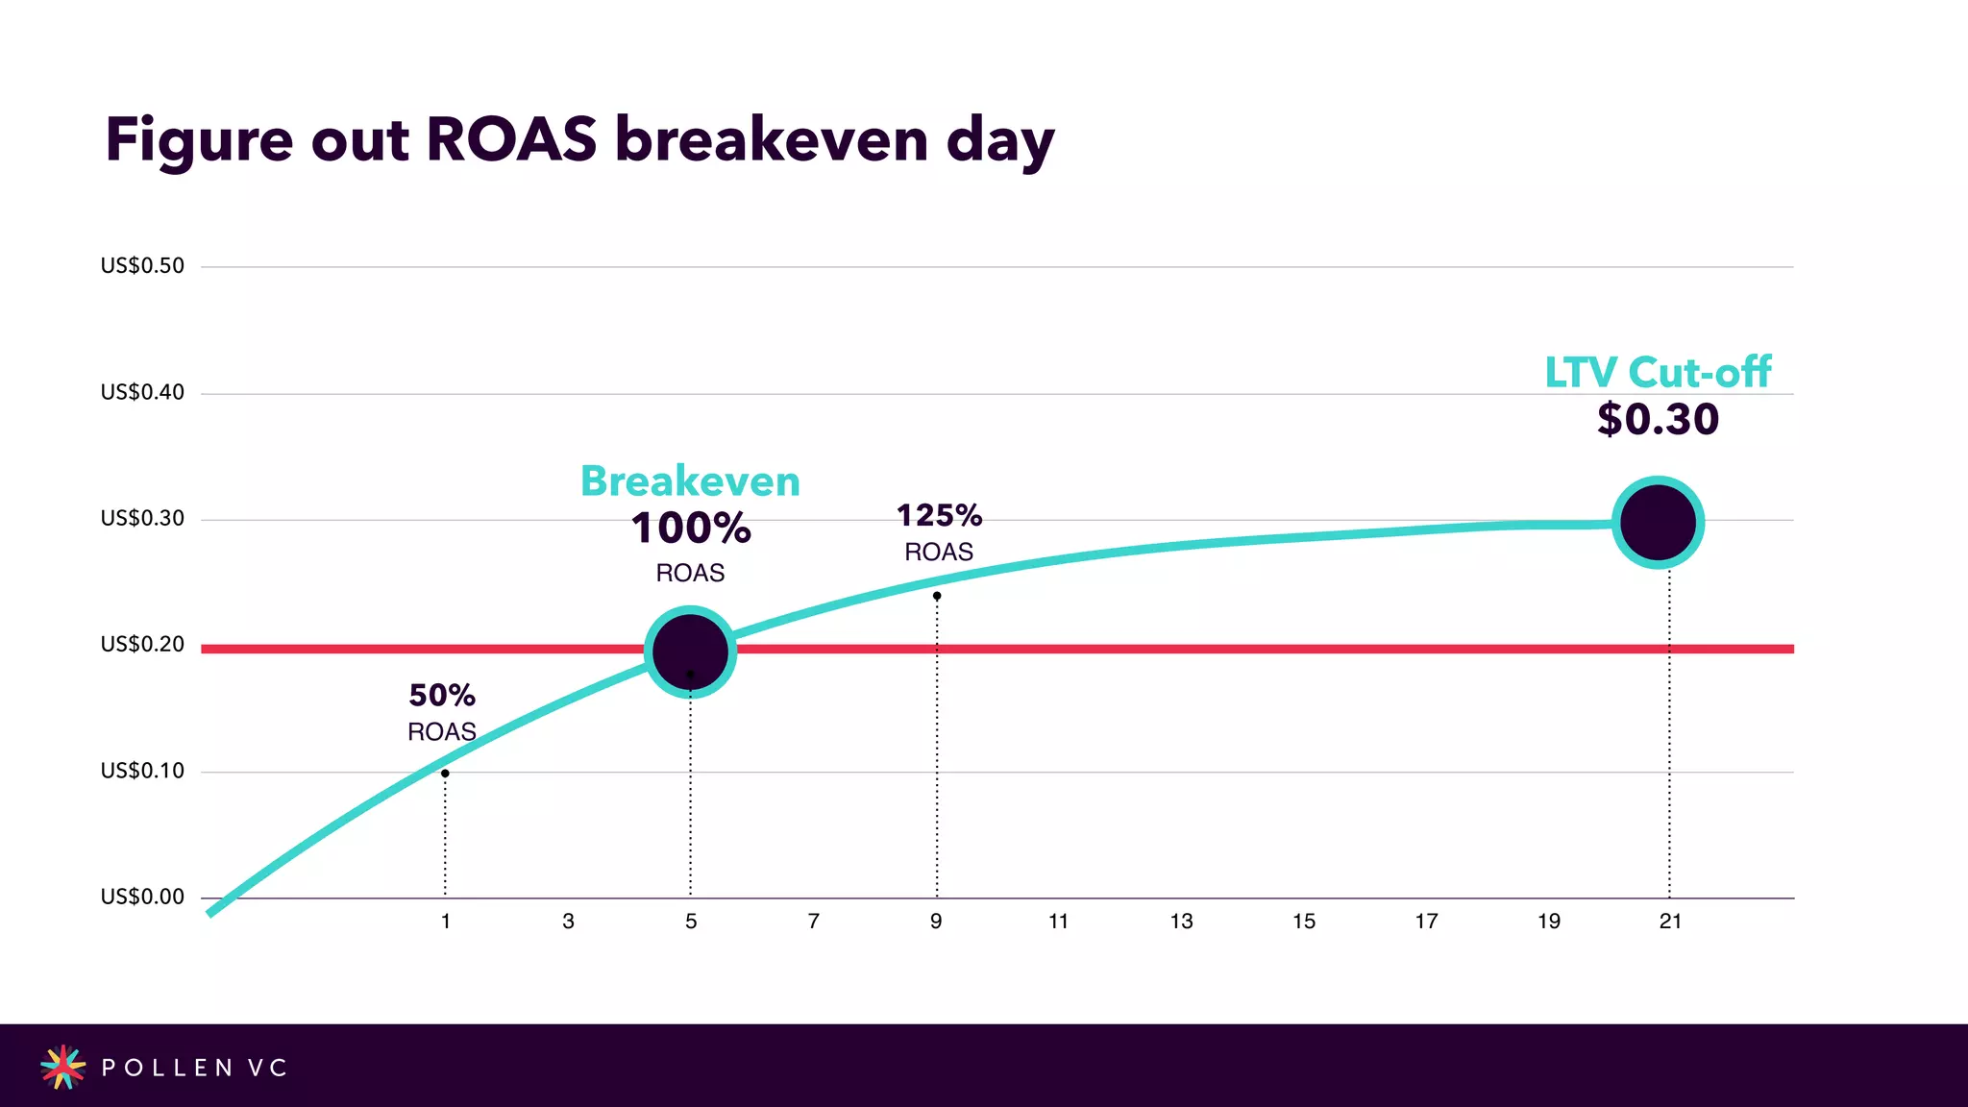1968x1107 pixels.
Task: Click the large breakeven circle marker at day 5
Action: pos(690,652)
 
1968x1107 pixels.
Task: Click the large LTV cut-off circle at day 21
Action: pos(1658,523)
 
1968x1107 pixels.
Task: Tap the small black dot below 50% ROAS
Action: pos(445,774)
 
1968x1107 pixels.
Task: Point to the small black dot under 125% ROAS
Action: pos(937,596)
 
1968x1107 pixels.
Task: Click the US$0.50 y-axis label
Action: pos(142,266)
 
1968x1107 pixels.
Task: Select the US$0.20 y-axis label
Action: pos(142,645)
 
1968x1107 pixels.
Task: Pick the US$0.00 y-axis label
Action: pos(142,898)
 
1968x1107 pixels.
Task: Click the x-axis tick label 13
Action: pos(1181,922)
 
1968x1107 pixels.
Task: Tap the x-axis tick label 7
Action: pos(814,922)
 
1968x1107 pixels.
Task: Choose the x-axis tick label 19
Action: pos(1549,922)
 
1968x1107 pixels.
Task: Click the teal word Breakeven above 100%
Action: pos(690,481)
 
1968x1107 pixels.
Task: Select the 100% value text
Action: pos(691,529)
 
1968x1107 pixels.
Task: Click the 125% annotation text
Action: pos(939,516)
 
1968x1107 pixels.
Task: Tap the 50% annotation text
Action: pos(442,696)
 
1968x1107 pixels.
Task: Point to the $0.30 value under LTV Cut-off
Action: pos(1658,420)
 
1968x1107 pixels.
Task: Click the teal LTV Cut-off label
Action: pos(1658,373)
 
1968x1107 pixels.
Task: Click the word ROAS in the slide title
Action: pos(511,139)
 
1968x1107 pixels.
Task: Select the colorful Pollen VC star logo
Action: pos(62,1067)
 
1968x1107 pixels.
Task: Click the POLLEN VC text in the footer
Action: pos(194,1068)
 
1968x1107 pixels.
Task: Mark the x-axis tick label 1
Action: pos(446,922)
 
